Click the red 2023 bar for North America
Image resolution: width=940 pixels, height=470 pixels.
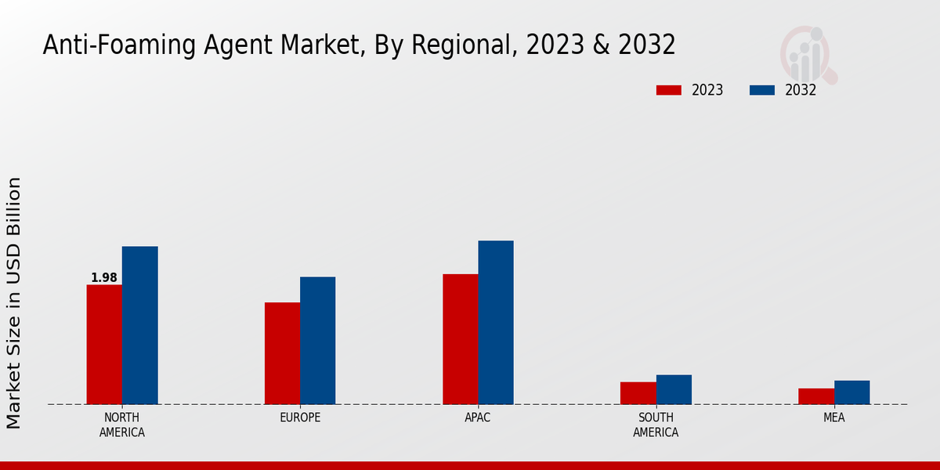click(x=104, y=345)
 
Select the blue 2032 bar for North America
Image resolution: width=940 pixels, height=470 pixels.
click(x=139, y=325)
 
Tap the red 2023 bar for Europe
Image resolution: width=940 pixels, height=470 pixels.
click(x=282, y=353)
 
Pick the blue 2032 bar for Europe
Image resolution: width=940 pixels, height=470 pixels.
click(x=317, y=341)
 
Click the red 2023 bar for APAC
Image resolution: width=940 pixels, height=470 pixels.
click(x=460, y=339)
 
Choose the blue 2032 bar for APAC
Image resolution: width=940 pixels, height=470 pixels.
click(x=496, y=323)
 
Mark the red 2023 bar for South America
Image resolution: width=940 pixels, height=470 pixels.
click(x=638, y=393)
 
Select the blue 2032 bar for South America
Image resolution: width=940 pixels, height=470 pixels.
click(x=674, y=389)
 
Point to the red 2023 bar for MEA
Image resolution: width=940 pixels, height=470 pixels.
click(x=816, y=396)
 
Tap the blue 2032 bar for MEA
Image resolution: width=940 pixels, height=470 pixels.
click(x=851, y=392)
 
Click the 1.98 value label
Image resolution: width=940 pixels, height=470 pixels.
click(x=104, y=278)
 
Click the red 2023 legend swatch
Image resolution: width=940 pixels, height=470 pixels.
click(x=668, y=90)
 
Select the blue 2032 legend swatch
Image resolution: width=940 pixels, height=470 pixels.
click(x=761, y=90)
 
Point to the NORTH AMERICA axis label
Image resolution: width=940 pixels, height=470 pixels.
click(x=122, y=425)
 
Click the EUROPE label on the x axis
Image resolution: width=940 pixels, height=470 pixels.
click(x=300, y=418)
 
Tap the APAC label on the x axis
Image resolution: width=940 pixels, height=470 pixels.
click(x=478, y=418)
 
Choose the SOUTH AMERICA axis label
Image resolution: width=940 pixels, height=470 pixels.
click(x=656, y=425)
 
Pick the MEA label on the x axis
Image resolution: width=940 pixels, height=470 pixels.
click(x=833, y=418)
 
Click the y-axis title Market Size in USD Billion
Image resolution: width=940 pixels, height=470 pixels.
click(x=14, y=302)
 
